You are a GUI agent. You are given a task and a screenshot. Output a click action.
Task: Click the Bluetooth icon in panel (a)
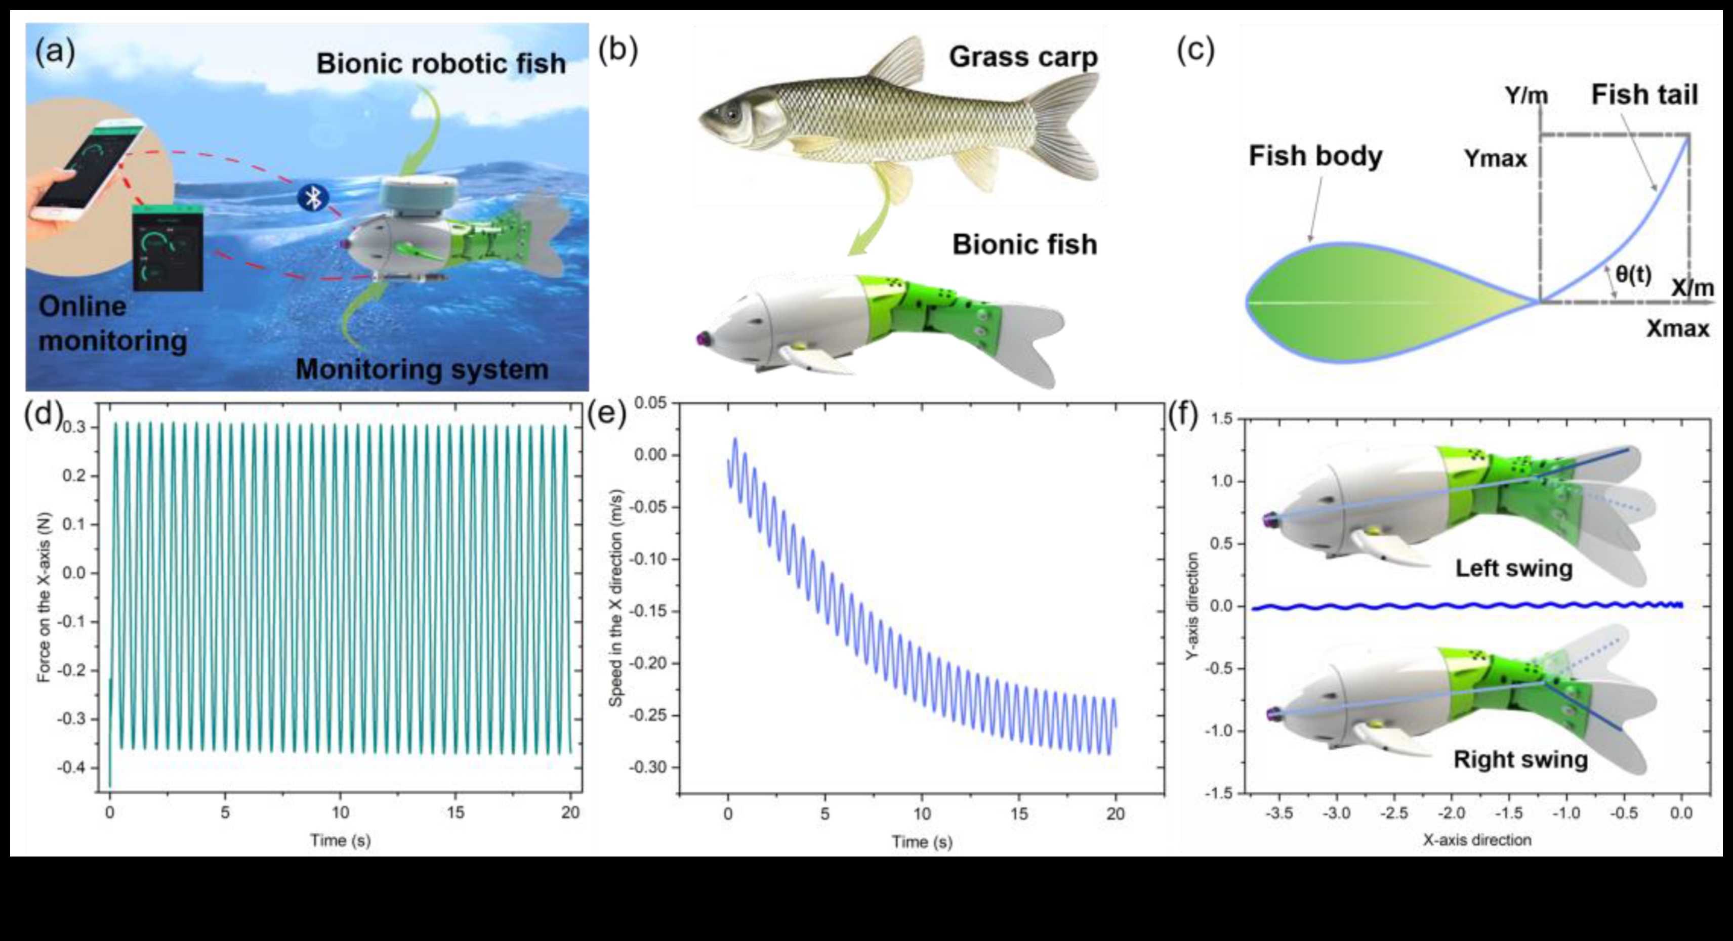pos(313,198)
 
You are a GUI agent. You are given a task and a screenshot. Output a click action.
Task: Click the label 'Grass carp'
pos(1022,57)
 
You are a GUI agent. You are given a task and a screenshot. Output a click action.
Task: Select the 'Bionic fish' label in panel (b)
pos(1024,244)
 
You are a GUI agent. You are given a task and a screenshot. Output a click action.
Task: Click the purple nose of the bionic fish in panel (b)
pos(701,337)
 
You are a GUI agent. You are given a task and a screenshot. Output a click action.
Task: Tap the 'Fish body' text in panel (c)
pos(1315,156)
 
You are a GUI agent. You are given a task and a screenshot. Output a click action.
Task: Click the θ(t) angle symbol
pos(1633,274)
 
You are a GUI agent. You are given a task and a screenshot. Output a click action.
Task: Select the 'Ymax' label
pos(1496,159)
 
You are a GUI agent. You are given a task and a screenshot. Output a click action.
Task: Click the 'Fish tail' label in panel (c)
pos(1644,95)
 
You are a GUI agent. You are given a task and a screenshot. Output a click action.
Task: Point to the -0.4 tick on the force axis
pos(75,767)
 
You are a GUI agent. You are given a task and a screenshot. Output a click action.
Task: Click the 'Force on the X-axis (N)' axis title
pos(45,596)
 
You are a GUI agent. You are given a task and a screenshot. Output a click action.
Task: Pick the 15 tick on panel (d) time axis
pos(456,812)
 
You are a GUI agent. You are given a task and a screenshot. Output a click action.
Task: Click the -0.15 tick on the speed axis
pos(648,612)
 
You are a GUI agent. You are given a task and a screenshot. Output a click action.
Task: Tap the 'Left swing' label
pos(1514,568)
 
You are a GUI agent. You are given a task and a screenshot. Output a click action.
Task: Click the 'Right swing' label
pos(1520,759)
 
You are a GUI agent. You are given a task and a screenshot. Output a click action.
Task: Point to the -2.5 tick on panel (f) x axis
pos(1394,813)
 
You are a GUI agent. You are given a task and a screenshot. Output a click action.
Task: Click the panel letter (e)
pos(606,414)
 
